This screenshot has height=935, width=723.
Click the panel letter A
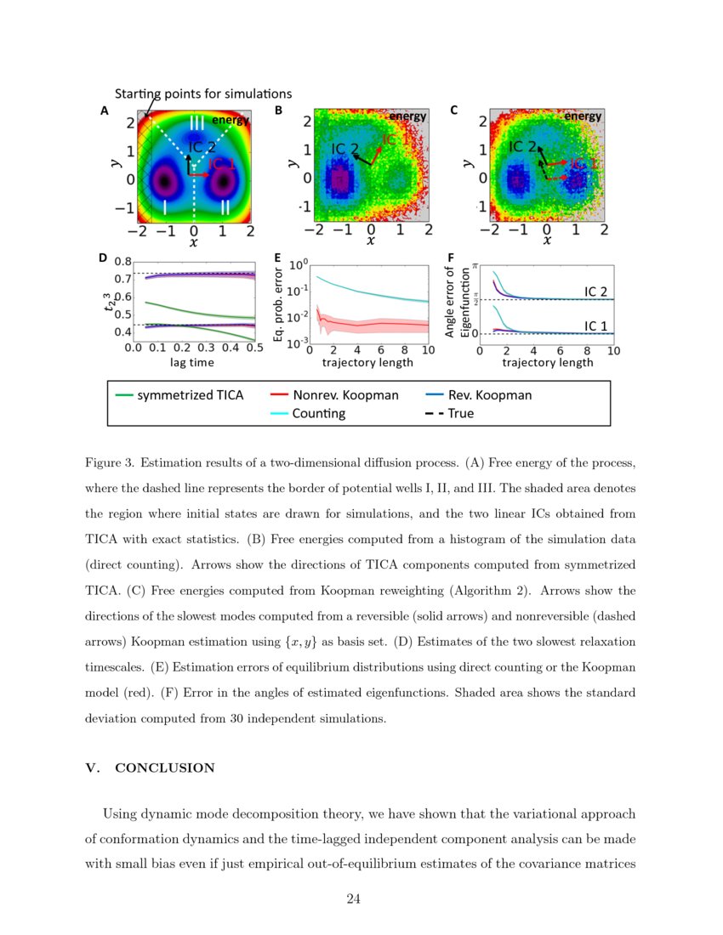[x=104, y=110]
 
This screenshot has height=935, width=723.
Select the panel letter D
[x=103, y=258]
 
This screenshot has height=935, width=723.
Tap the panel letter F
[x=450, y=258]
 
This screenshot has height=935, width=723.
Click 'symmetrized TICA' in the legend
[x=191, y=395]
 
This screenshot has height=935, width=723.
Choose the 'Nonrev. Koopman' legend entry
[x=345, y=395]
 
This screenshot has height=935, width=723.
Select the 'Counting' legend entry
[x=319, y=414]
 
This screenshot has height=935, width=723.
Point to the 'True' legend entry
[x=460, y=414]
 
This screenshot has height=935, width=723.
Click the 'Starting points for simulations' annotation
[x=203, y=93]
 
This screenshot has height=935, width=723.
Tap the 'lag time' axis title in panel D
[x=192, y=362]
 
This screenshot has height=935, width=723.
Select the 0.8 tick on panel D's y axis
[x=122, y=262]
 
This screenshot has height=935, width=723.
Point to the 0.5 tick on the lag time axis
[x=254, y=348]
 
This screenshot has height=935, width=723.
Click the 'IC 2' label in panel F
[x=595, y=292]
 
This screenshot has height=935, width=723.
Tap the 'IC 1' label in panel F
[x=595, y=326]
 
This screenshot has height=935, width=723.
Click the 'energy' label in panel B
[x=407, y=116]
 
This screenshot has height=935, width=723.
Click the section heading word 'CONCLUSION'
[x=165, y=768]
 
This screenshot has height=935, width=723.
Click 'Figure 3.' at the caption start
[x=110, y=463]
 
